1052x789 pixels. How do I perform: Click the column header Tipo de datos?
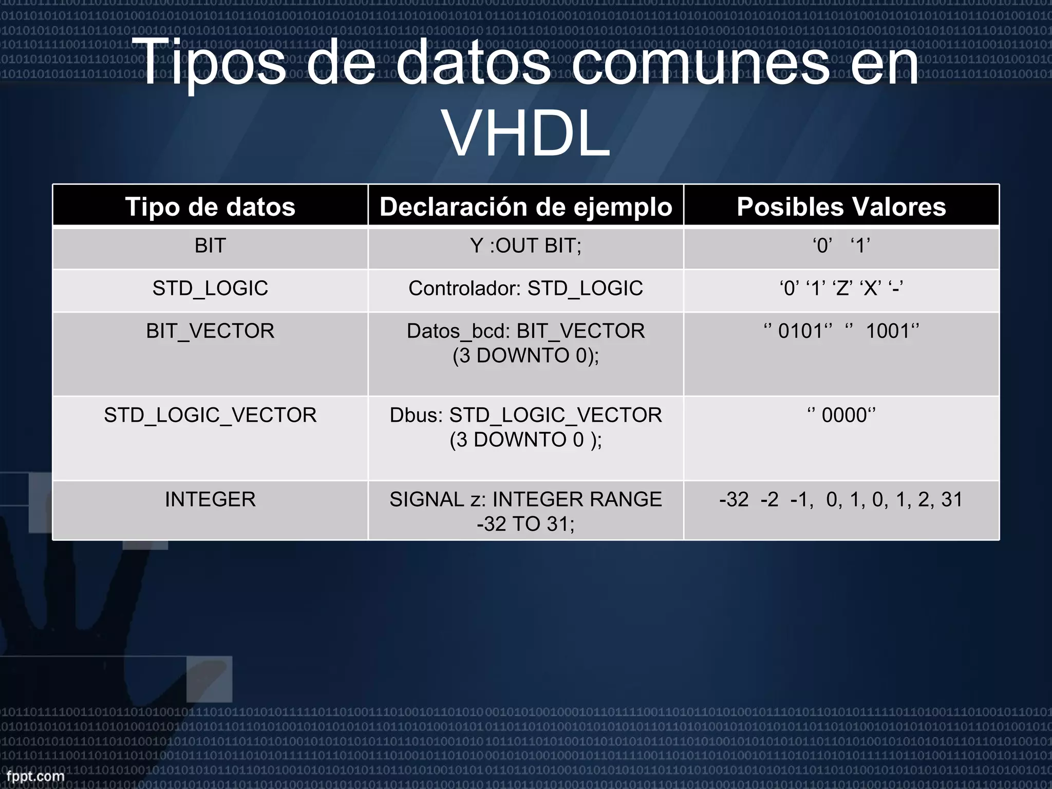click(x=210, y=206)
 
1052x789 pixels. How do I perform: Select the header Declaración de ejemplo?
click(x=525, y=206)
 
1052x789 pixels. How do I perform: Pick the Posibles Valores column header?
click(x=841, y=206)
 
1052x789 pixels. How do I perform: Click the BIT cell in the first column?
click(x=210, y=246)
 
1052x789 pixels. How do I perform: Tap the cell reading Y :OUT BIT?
click(x=525, y=246)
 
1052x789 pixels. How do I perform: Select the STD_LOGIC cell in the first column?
click(x=210, y=288)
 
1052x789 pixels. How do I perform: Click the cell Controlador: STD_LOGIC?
click(x=525, y=288)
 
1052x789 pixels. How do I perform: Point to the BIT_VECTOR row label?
click(x=210, y=331)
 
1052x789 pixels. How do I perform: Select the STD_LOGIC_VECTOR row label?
click(x=210, y=415)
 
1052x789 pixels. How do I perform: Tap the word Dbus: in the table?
click(x=416, y=415)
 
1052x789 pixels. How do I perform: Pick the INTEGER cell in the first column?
click(x=210, y=499)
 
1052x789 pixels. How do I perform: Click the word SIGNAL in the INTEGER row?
click(x=426, y=499)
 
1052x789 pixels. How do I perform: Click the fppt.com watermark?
click(x=35, y=776)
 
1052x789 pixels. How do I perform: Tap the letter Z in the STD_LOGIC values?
click(x=842, y=289)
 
